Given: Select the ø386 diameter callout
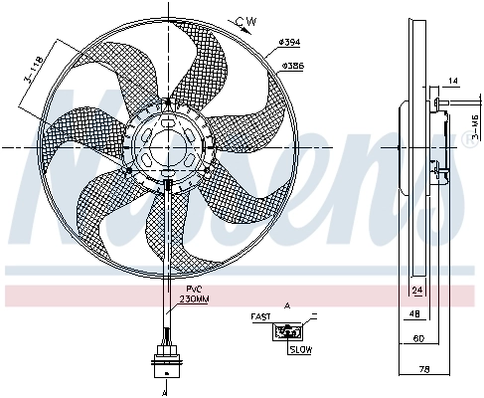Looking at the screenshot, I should pos(291,65).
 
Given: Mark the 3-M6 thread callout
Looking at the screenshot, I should pos(472,126).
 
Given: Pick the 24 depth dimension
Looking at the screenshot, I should pos(417,291).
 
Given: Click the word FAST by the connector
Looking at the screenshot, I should pos(260,317).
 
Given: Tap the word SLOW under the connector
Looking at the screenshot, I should pos(299,349).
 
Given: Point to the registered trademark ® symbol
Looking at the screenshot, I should pos(470,141).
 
